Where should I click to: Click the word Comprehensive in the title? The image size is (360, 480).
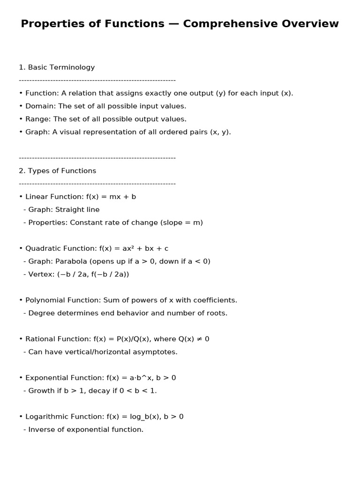tap(226, 24)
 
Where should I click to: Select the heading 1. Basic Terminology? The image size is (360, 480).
tap(57, 67)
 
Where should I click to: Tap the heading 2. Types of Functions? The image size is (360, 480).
tap(57, 171)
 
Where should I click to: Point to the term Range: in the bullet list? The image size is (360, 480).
tap(39, 119)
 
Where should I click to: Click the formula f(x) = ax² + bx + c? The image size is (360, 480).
tap(134, 248)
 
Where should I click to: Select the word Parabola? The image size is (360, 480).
tap(71, 262)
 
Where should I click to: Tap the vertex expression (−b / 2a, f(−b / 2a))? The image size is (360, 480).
tap(93, 274)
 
